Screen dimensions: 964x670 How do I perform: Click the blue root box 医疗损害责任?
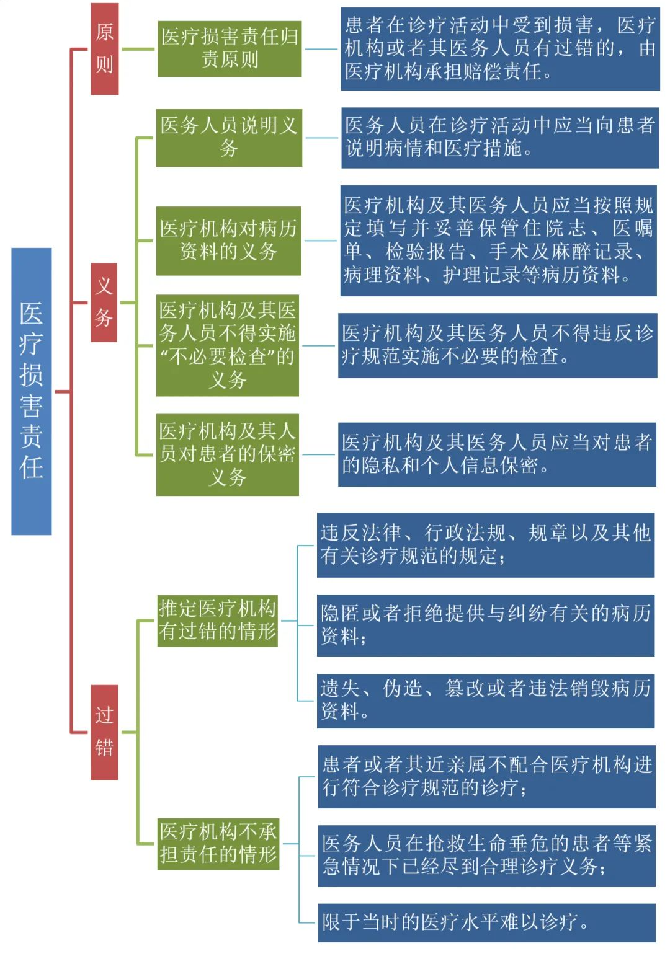click(x=31, y=391)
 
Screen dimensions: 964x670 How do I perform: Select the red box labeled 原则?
click(x=104, y=48)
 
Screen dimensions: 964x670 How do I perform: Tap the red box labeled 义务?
click(x=104, y=302)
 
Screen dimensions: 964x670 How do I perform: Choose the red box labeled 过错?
click(x=104, y=732)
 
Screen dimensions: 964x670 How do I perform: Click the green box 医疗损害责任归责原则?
click(x=230, y=48)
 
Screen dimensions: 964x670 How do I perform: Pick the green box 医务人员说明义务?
click(x=229, y=137)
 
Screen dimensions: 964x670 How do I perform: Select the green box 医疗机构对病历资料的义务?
click(x=228, y=241)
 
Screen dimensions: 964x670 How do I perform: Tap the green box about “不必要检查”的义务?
click(x=227, y=345)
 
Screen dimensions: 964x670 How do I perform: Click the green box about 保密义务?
click(x=227, y=454)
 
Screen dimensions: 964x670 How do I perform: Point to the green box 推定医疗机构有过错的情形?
click(x=217, y=620)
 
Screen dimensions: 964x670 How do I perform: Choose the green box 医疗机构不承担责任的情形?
click(x=218, y=843)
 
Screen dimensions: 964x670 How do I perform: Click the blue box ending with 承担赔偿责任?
click(x=500, y=48)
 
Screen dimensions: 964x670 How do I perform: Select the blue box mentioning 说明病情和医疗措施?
click(x=500, y=137)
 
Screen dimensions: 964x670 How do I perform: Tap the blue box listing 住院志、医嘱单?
click(x=498, y=241)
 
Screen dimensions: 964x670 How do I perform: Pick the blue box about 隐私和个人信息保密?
click(x=497, y=454)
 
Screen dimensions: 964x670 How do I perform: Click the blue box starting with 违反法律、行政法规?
click(x=486, y=545)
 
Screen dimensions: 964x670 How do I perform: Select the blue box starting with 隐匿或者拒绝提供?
click(x=486, y=626)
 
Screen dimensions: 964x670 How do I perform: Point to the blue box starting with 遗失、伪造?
click(x=486, y=701)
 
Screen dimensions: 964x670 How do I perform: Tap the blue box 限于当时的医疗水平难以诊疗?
click(x=486, y=922)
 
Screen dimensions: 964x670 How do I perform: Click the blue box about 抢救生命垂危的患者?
click(x=486, y=856)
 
